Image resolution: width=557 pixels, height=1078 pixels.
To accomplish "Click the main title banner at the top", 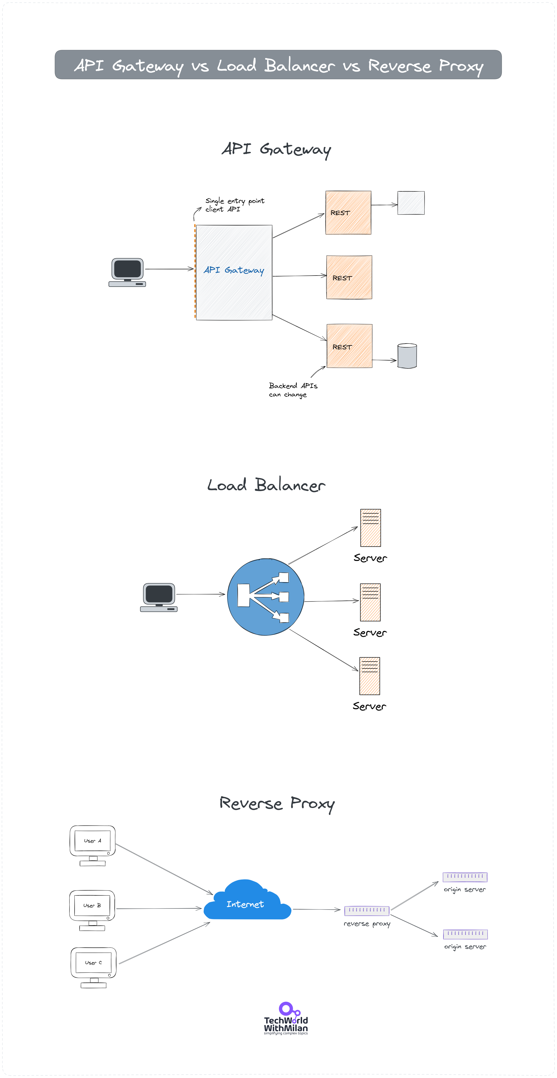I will [x=278, y=65].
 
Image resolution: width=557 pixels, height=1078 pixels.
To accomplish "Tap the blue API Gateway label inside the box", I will [x=234, y=270].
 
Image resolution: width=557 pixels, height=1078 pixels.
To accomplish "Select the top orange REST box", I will [x=348, y=213].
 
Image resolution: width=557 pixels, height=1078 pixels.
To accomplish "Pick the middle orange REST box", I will [x=349, y=278].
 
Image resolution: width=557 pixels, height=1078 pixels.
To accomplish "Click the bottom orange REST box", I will [x=349, y=346].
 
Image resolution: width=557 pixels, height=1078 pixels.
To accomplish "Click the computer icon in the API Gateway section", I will [x=127, y=272].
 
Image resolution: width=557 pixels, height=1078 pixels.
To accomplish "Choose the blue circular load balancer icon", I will [x=265, y=597].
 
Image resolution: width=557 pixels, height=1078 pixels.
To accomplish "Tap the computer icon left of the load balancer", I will [x=159, y=597].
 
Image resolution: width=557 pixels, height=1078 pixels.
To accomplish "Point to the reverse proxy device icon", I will [x=366, y=910].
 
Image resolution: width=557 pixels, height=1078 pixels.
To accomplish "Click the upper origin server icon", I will [x=465, y=876].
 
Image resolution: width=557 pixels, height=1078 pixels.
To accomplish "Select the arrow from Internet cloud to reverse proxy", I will [x=316, y=909].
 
